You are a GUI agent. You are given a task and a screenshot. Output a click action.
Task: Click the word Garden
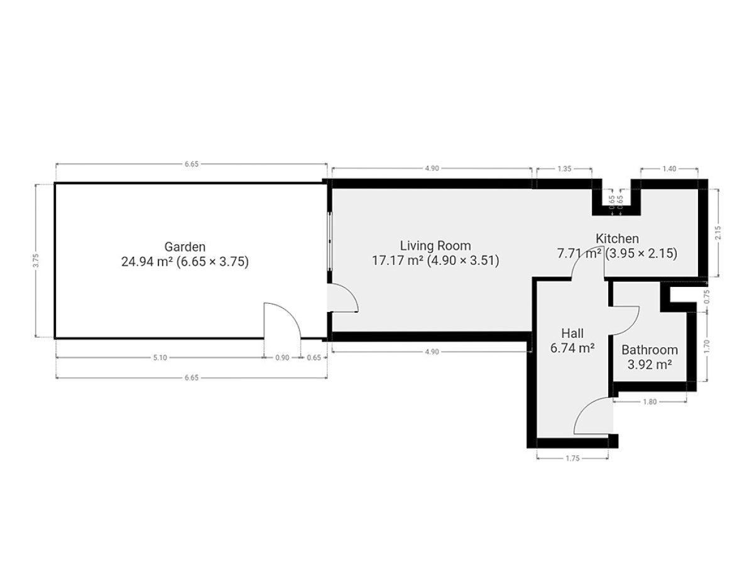(185, 247)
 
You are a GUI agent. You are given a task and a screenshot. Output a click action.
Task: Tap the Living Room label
(435, 245)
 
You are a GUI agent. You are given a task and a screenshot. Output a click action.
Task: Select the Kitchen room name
(617, 239)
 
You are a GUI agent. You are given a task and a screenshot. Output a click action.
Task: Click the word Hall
(572, 333)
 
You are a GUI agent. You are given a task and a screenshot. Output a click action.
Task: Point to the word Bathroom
(649, 350)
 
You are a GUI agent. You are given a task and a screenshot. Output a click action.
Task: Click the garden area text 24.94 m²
(146, 262)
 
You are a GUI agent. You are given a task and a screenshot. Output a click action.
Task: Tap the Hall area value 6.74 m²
(572, 348)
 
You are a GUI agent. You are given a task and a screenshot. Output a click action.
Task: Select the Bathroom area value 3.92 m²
(649, 365)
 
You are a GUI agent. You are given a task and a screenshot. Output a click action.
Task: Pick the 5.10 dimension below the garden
(160, 358)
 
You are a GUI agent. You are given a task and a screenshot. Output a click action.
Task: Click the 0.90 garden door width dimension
(282, 358)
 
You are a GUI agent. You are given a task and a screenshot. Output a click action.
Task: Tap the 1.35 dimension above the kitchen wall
(564, 169)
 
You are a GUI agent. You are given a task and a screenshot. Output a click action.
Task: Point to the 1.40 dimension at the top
(669, 169)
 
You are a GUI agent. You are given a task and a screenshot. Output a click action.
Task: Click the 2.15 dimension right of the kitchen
(718, 233)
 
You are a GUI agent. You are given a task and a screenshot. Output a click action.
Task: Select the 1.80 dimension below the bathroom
(650, 402)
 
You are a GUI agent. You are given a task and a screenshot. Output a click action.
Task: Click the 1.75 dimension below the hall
(572, 458)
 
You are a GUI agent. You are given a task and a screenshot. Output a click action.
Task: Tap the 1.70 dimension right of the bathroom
(707, 347)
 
